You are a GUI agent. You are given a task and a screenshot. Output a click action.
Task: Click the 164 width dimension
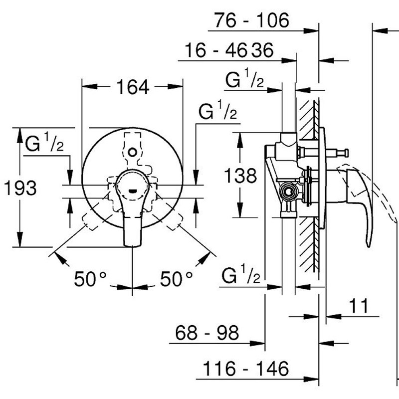click(x=133, y=87)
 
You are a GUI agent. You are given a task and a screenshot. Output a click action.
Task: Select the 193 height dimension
click(x=20, y=188)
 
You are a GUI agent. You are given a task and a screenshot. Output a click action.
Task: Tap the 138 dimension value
click(x=240, y=176)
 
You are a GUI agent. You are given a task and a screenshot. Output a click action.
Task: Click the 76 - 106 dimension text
click(x=251, y=20)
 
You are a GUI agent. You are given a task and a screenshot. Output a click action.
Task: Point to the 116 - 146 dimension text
click(x=246, y=369)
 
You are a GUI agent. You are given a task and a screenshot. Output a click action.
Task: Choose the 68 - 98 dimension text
click(x=207, y=332)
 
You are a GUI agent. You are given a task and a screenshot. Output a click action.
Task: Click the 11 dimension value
click(x=359, y=306)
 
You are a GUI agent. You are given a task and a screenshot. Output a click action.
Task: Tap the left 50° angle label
click(x=90, y=279)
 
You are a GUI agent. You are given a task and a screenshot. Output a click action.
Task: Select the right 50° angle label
click(x=176, y=279)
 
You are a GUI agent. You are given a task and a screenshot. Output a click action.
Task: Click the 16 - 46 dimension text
click(x=215, y=50)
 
